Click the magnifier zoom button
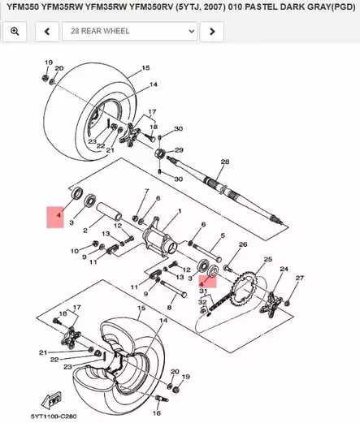(x=15, y=32)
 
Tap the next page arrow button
(x=211, y=32)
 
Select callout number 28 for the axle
(x=225, y=162)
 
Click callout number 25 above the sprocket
(x=265, y=259)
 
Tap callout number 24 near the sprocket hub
(x=284, y=269)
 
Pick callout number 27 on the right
(x=298, y=278)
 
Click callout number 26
(x=242, y=244)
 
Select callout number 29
(x=180, y=149)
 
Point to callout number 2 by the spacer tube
(x=85, y=231)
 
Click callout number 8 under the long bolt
(x=170, y=309)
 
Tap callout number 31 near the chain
(x=205, y=291)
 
